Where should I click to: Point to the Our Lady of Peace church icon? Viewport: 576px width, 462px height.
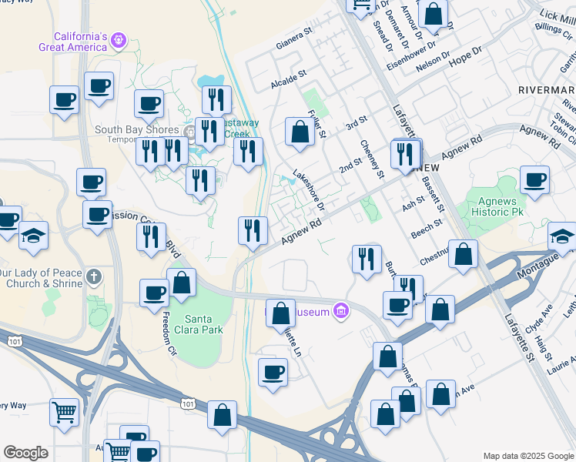[94, 276]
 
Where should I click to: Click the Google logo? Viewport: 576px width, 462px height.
[25, 453]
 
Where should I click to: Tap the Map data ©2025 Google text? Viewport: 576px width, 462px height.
[527, 456]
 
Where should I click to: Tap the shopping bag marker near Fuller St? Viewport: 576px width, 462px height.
[299, 132]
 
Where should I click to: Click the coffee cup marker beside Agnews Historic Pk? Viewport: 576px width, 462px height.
[534, 180]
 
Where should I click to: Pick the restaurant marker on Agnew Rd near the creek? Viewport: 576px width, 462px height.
[253, 229]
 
